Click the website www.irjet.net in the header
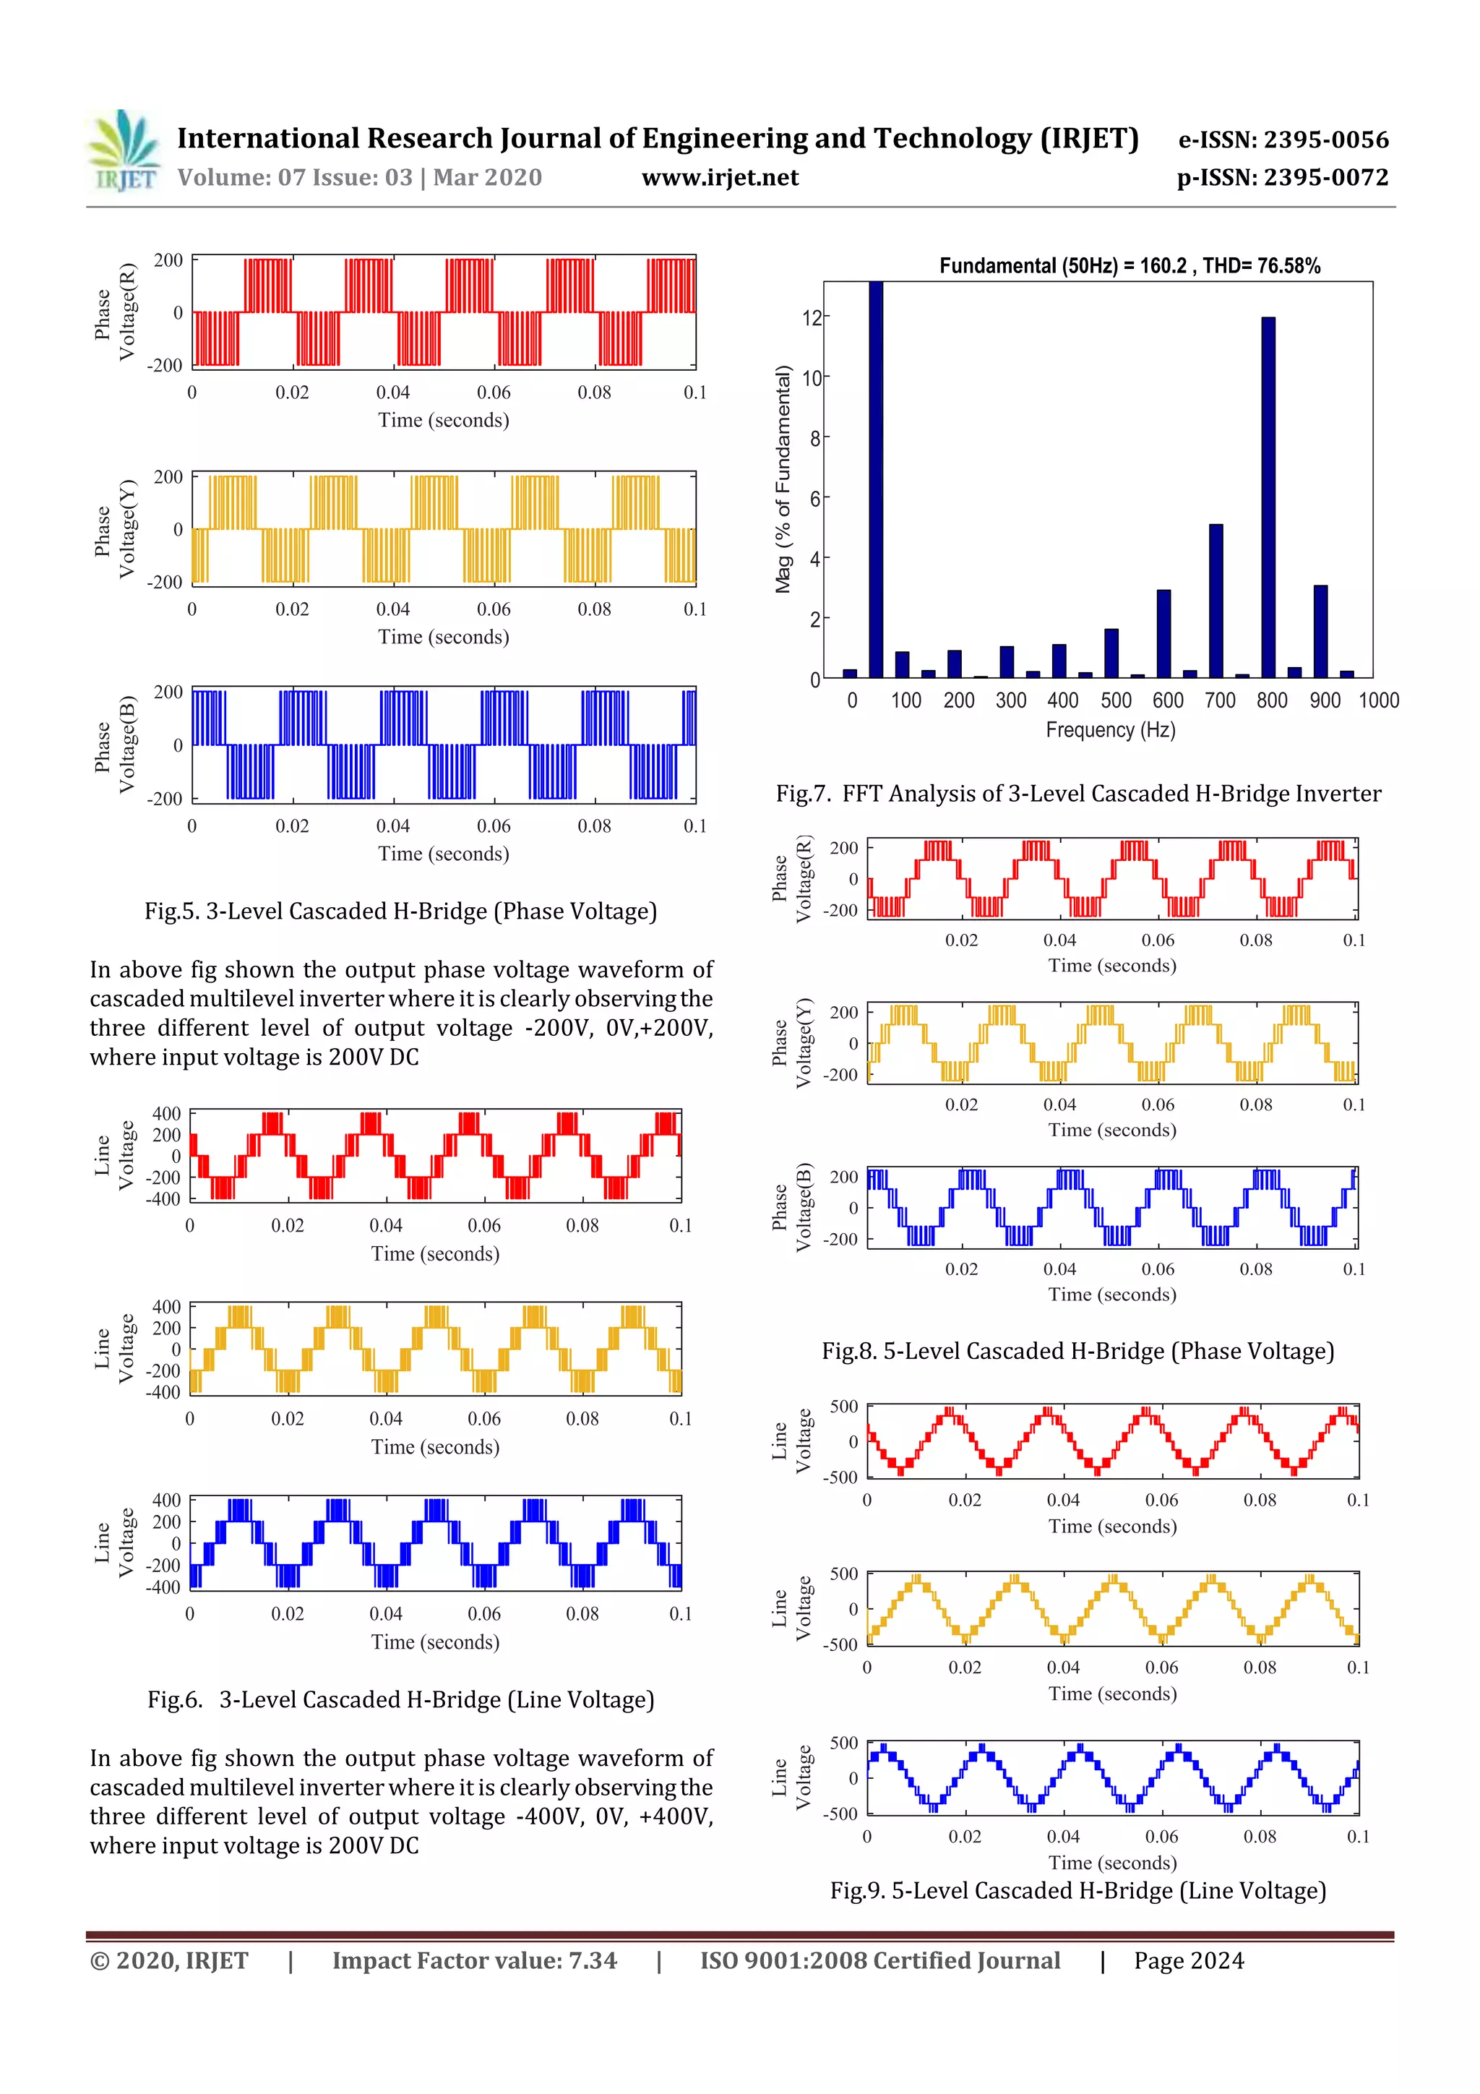tap(720, 178)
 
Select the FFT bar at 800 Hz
tap(1268, 497)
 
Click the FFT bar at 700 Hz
tap(1216, 600)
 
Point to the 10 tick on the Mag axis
tap(811, 377)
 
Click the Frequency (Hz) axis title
tap(1110, 729)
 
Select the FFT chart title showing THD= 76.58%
tap(1129, 265)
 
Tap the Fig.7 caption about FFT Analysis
tap(1078, 794)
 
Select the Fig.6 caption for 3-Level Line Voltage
tap(400, 1700)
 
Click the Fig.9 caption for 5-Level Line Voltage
tap(1078, 1891)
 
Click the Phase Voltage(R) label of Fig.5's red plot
tap(115, 313)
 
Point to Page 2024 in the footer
tap(1188, 1961)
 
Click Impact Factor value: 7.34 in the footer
tap(474, 1961)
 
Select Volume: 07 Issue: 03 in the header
tap(359, 178)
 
